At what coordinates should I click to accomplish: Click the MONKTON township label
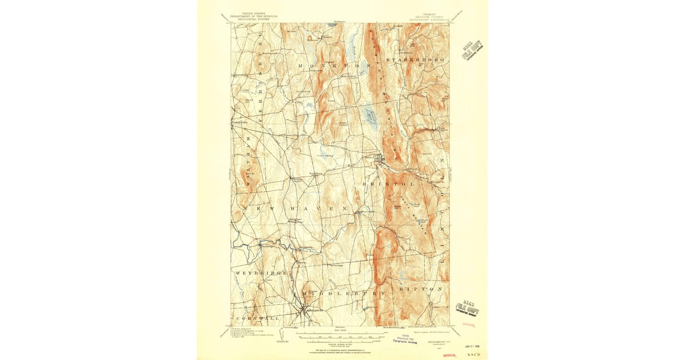click(330, 66)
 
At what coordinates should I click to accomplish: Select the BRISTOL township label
click(388, 185)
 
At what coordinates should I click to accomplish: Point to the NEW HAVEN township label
click(295, 210)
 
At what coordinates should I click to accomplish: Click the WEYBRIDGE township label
click(261, 274)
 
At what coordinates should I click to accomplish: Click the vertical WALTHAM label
click(248, 162)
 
